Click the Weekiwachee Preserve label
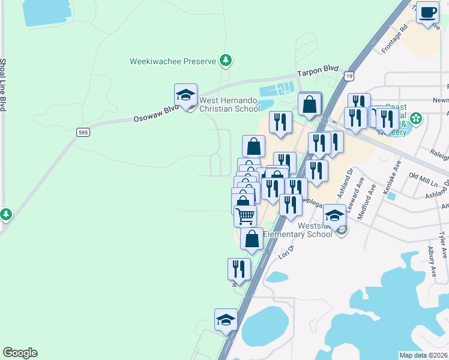tap(173, 61)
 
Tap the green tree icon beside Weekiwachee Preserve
tap(226, 60)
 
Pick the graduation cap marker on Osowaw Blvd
tap(186, 95)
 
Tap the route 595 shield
tap(83, 131)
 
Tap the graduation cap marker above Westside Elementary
tap(335, 216)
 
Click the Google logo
tap(20, 353)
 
